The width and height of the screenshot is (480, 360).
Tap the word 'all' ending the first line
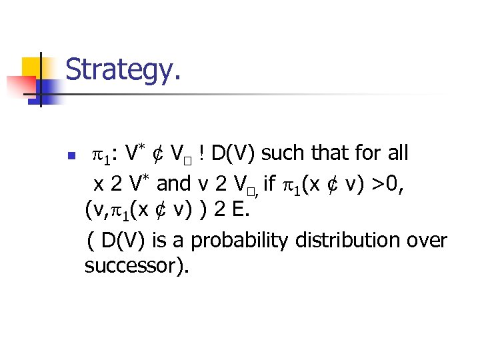coord(399,154)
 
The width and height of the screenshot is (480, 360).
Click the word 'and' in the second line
coord(173,183)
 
